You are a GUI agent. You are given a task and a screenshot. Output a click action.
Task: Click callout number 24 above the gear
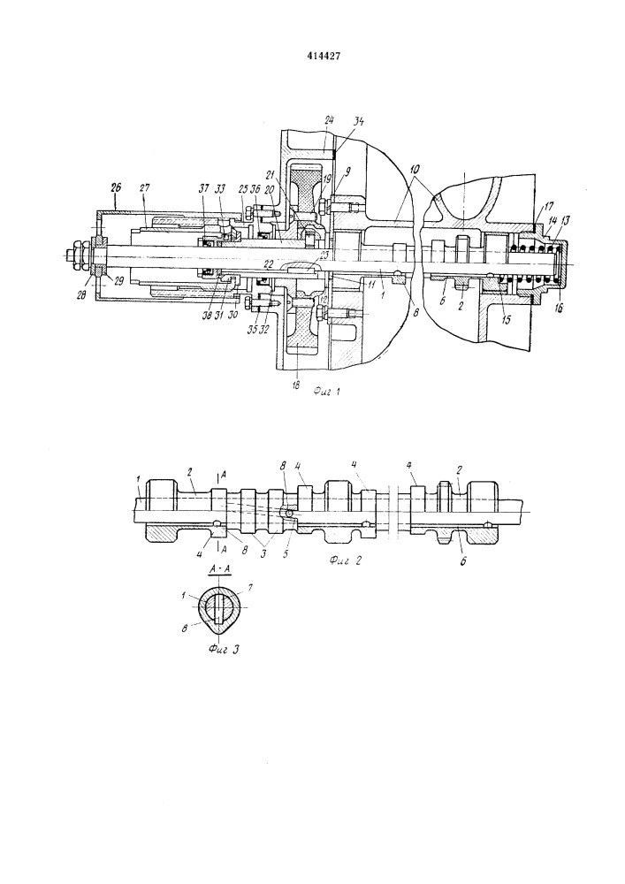point(328,120)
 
